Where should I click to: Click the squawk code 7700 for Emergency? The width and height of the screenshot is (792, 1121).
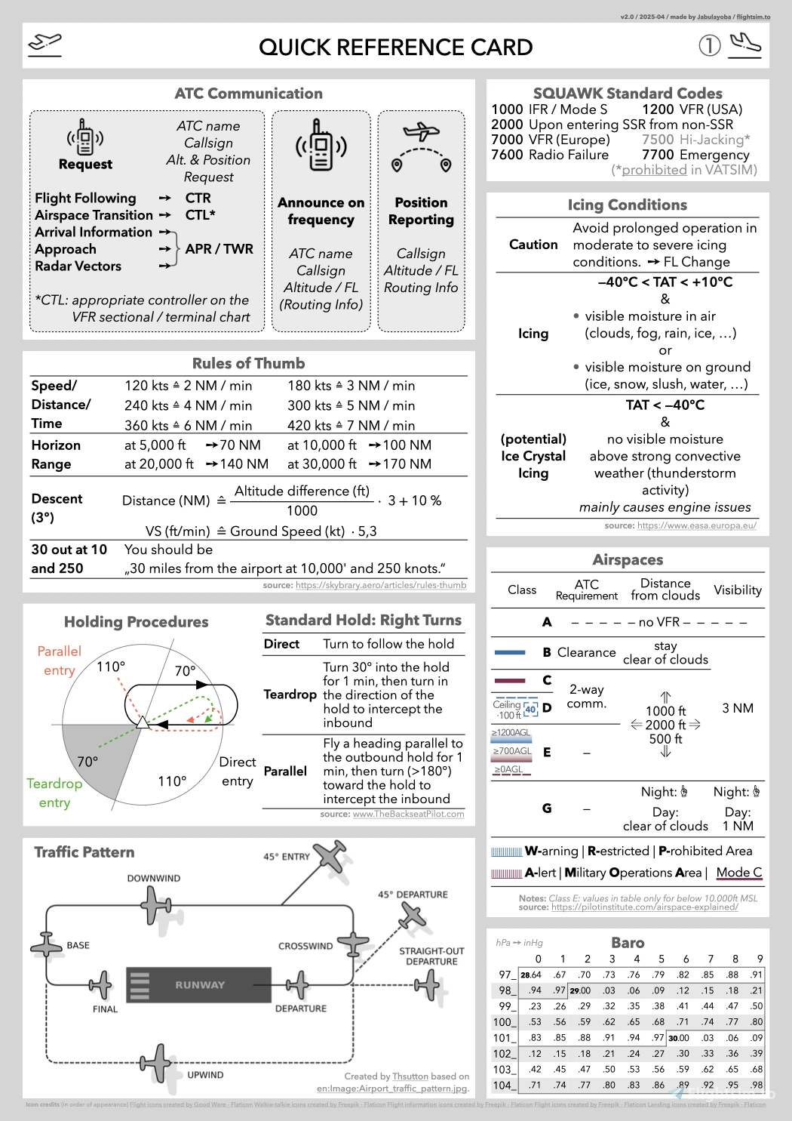pos(658,155)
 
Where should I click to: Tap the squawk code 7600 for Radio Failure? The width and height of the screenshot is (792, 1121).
pos(507,155)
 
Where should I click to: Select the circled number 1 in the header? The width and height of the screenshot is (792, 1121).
pos(709,46)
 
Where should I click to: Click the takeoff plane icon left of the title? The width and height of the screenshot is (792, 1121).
pos(45,45)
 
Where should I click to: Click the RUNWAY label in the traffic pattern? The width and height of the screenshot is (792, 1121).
pos(200,985)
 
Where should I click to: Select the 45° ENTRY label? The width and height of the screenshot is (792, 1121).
pos(287,857)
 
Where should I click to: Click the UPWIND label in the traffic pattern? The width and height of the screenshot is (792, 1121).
pos(205,1075)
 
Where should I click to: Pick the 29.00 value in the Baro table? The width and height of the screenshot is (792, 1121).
pos(580,990)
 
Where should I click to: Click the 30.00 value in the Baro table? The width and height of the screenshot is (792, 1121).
pos(679,1038)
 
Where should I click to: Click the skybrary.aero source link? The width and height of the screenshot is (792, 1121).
pos(381,585)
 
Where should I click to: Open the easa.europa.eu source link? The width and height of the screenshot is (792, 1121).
pos(696,525)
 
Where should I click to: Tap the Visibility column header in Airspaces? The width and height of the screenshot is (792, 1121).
pos(737,590)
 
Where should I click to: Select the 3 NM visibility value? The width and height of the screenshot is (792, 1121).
pos(737,708)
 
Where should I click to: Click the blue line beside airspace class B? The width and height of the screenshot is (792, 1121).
pos(509,652)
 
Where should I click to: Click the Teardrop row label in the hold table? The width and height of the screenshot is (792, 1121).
pos(290,694)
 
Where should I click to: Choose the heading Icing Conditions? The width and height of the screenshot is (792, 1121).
pos(627,205)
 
